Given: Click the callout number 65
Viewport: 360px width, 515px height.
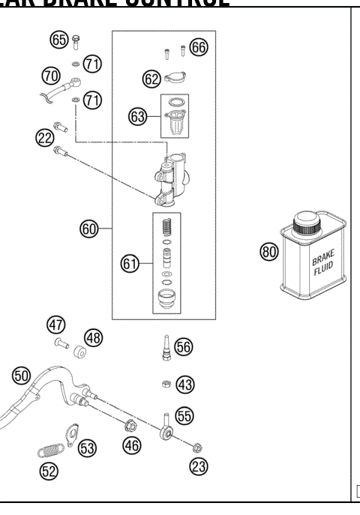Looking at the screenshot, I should (x=59, y=40).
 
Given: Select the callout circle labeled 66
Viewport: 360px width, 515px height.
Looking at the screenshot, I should (x=199, y=47).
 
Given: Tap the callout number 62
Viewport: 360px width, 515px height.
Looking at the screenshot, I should (x=151, y=77).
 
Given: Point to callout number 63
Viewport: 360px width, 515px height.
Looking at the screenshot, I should (x=138, y=118).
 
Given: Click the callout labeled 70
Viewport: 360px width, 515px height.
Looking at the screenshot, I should (x=51, y=75).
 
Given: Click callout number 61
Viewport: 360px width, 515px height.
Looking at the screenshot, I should (x=130, y=263).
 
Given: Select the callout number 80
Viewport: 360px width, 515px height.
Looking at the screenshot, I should (x=268, y=252).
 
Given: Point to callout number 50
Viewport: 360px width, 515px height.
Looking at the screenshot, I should (x=21, y=375).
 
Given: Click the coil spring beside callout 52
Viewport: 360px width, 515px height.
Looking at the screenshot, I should (x=51, y=452).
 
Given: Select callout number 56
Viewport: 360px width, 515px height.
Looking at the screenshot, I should (x=184, y=346).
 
